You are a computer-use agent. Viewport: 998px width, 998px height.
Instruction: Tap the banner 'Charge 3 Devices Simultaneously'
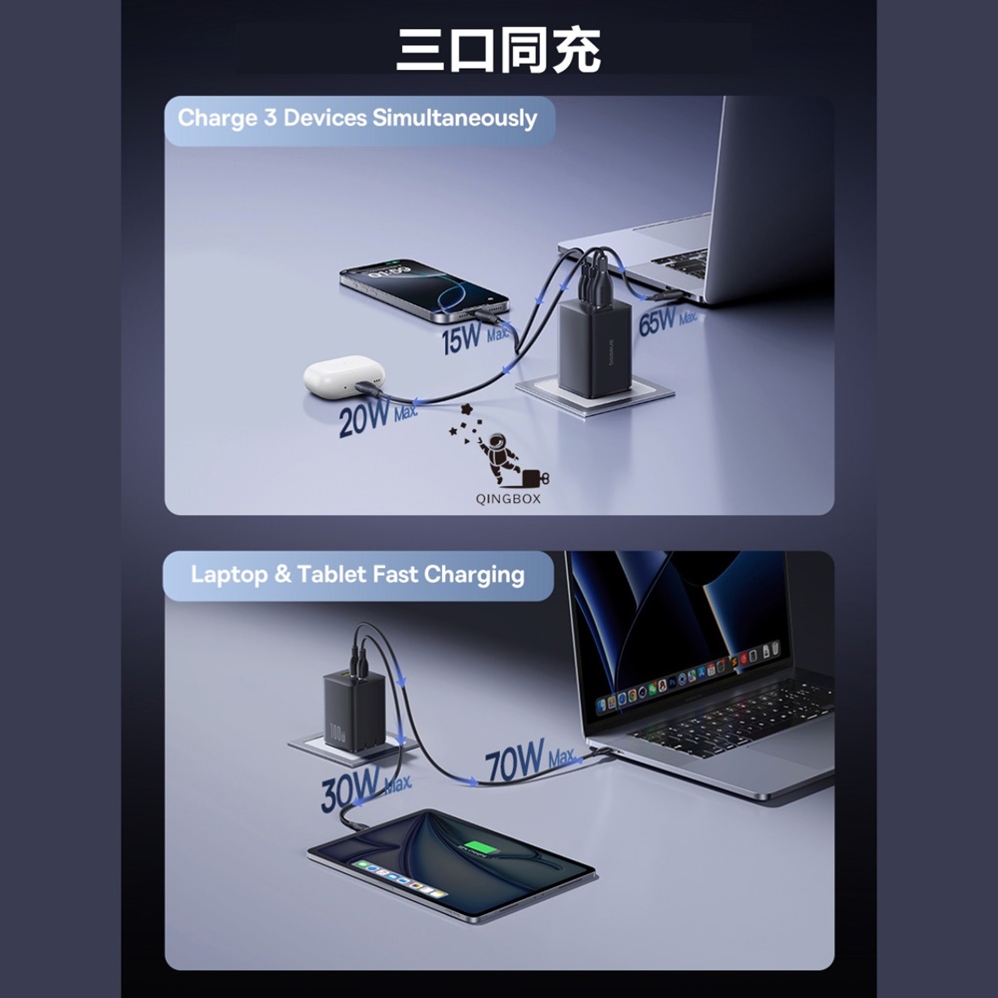tap(357, 119)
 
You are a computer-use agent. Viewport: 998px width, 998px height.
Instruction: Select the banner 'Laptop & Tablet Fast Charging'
tap(357, 575)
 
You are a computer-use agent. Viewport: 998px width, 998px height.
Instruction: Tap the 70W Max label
tap(530, 761)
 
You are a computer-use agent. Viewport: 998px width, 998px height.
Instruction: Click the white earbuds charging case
tap(344, 376)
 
